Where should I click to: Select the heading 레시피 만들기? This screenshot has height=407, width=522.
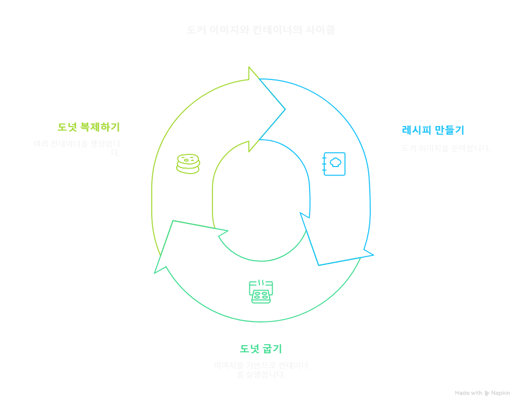432,130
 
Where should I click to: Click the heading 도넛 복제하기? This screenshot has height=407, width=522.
89,127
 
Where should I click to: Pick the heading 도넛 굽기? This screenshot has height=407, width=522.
260,349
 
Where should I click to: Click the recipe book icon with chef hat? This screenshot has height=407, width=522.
334,164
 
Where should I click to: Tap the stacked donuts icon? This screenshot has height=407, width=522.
188,164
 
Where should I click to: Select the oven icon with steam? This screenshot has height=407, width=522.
261,291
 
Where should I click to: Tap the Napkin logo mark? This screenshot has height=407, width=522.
487,393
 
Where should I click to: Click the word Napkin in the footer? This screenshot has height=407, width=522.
501,393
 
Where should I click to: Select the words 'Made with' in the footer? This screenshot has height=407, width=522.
468,393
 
